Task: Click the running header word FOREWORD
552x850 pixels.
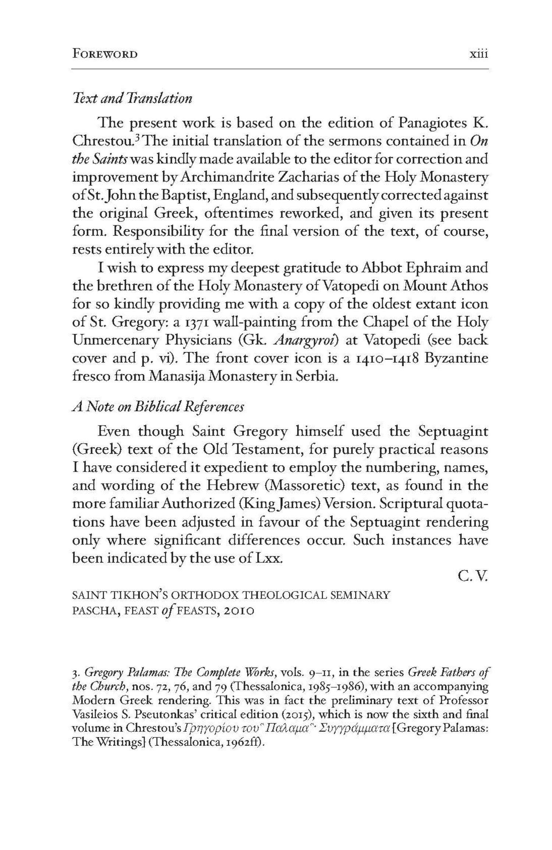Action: point(105,54)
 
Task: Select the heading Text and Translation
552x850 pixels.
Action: point(132,99)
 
